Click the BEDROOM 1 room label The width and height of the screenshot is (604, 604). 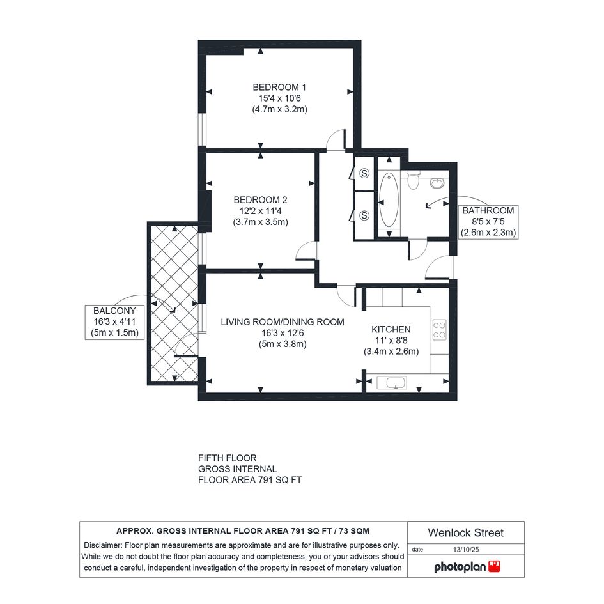[279, 88]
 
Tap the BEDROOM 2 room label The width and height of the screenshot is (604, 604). [260, 200]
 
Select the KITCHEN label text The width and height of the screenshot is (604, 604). [391, 329]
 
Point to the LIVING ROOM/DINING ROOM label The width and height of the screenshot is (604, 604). [283, 322]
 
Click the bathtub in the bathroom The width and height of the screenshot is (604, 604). [389, 200]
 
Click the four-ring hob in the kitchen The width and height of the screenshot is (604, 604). [440, 330]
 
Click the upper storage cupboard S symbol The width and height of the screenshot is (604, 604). [364, 173]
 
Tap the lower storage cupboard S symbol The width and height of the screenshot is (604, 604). [364, 216]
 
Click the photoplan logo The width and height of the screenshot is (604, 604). [467, 567]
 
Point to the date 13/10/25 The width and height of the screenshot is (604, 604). [466, 550]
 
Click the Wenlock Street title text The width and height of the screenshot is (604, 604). [466, 533]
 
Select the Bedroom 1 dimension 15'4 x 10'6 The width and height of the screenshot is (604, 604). [279, 98]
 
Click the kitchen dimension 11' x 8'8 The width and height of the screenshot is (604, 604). [391, 341]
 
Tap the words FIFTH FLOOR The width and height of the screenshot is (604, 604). [228, 458]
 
